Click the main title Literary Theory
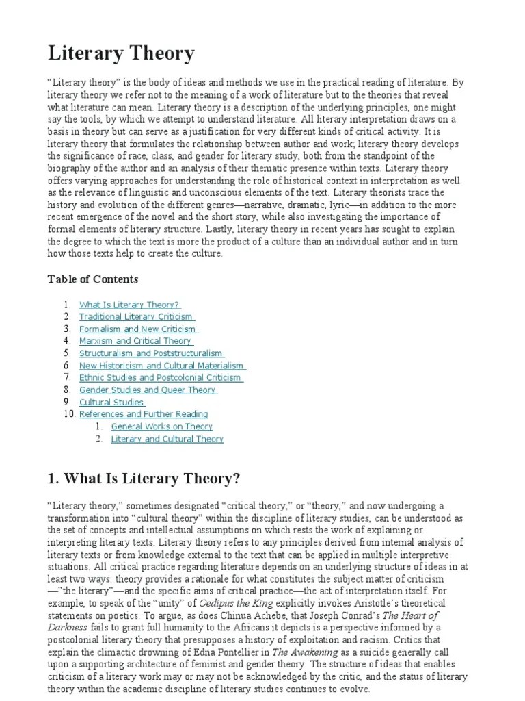pos(121,53)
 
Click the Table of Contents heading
pos(92,279)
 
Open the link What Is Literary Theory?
pos(130,305)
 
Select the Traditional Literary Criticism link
pos(137,317)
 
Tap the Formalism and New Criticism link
pos(138,329)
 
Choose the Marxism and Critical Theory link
pos(136,341)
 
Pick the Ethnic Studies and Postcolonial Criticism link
pos(161,377)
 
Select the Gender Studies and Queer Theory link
pos(148,390)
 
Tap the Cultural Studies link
pos(112,403)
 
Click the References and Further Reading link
pos(144,414)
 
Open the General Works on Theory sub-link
pos(162,426)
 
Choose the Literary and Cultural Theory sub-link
pos(167,439)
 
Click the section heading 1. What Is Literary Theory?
pos(144,478)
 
